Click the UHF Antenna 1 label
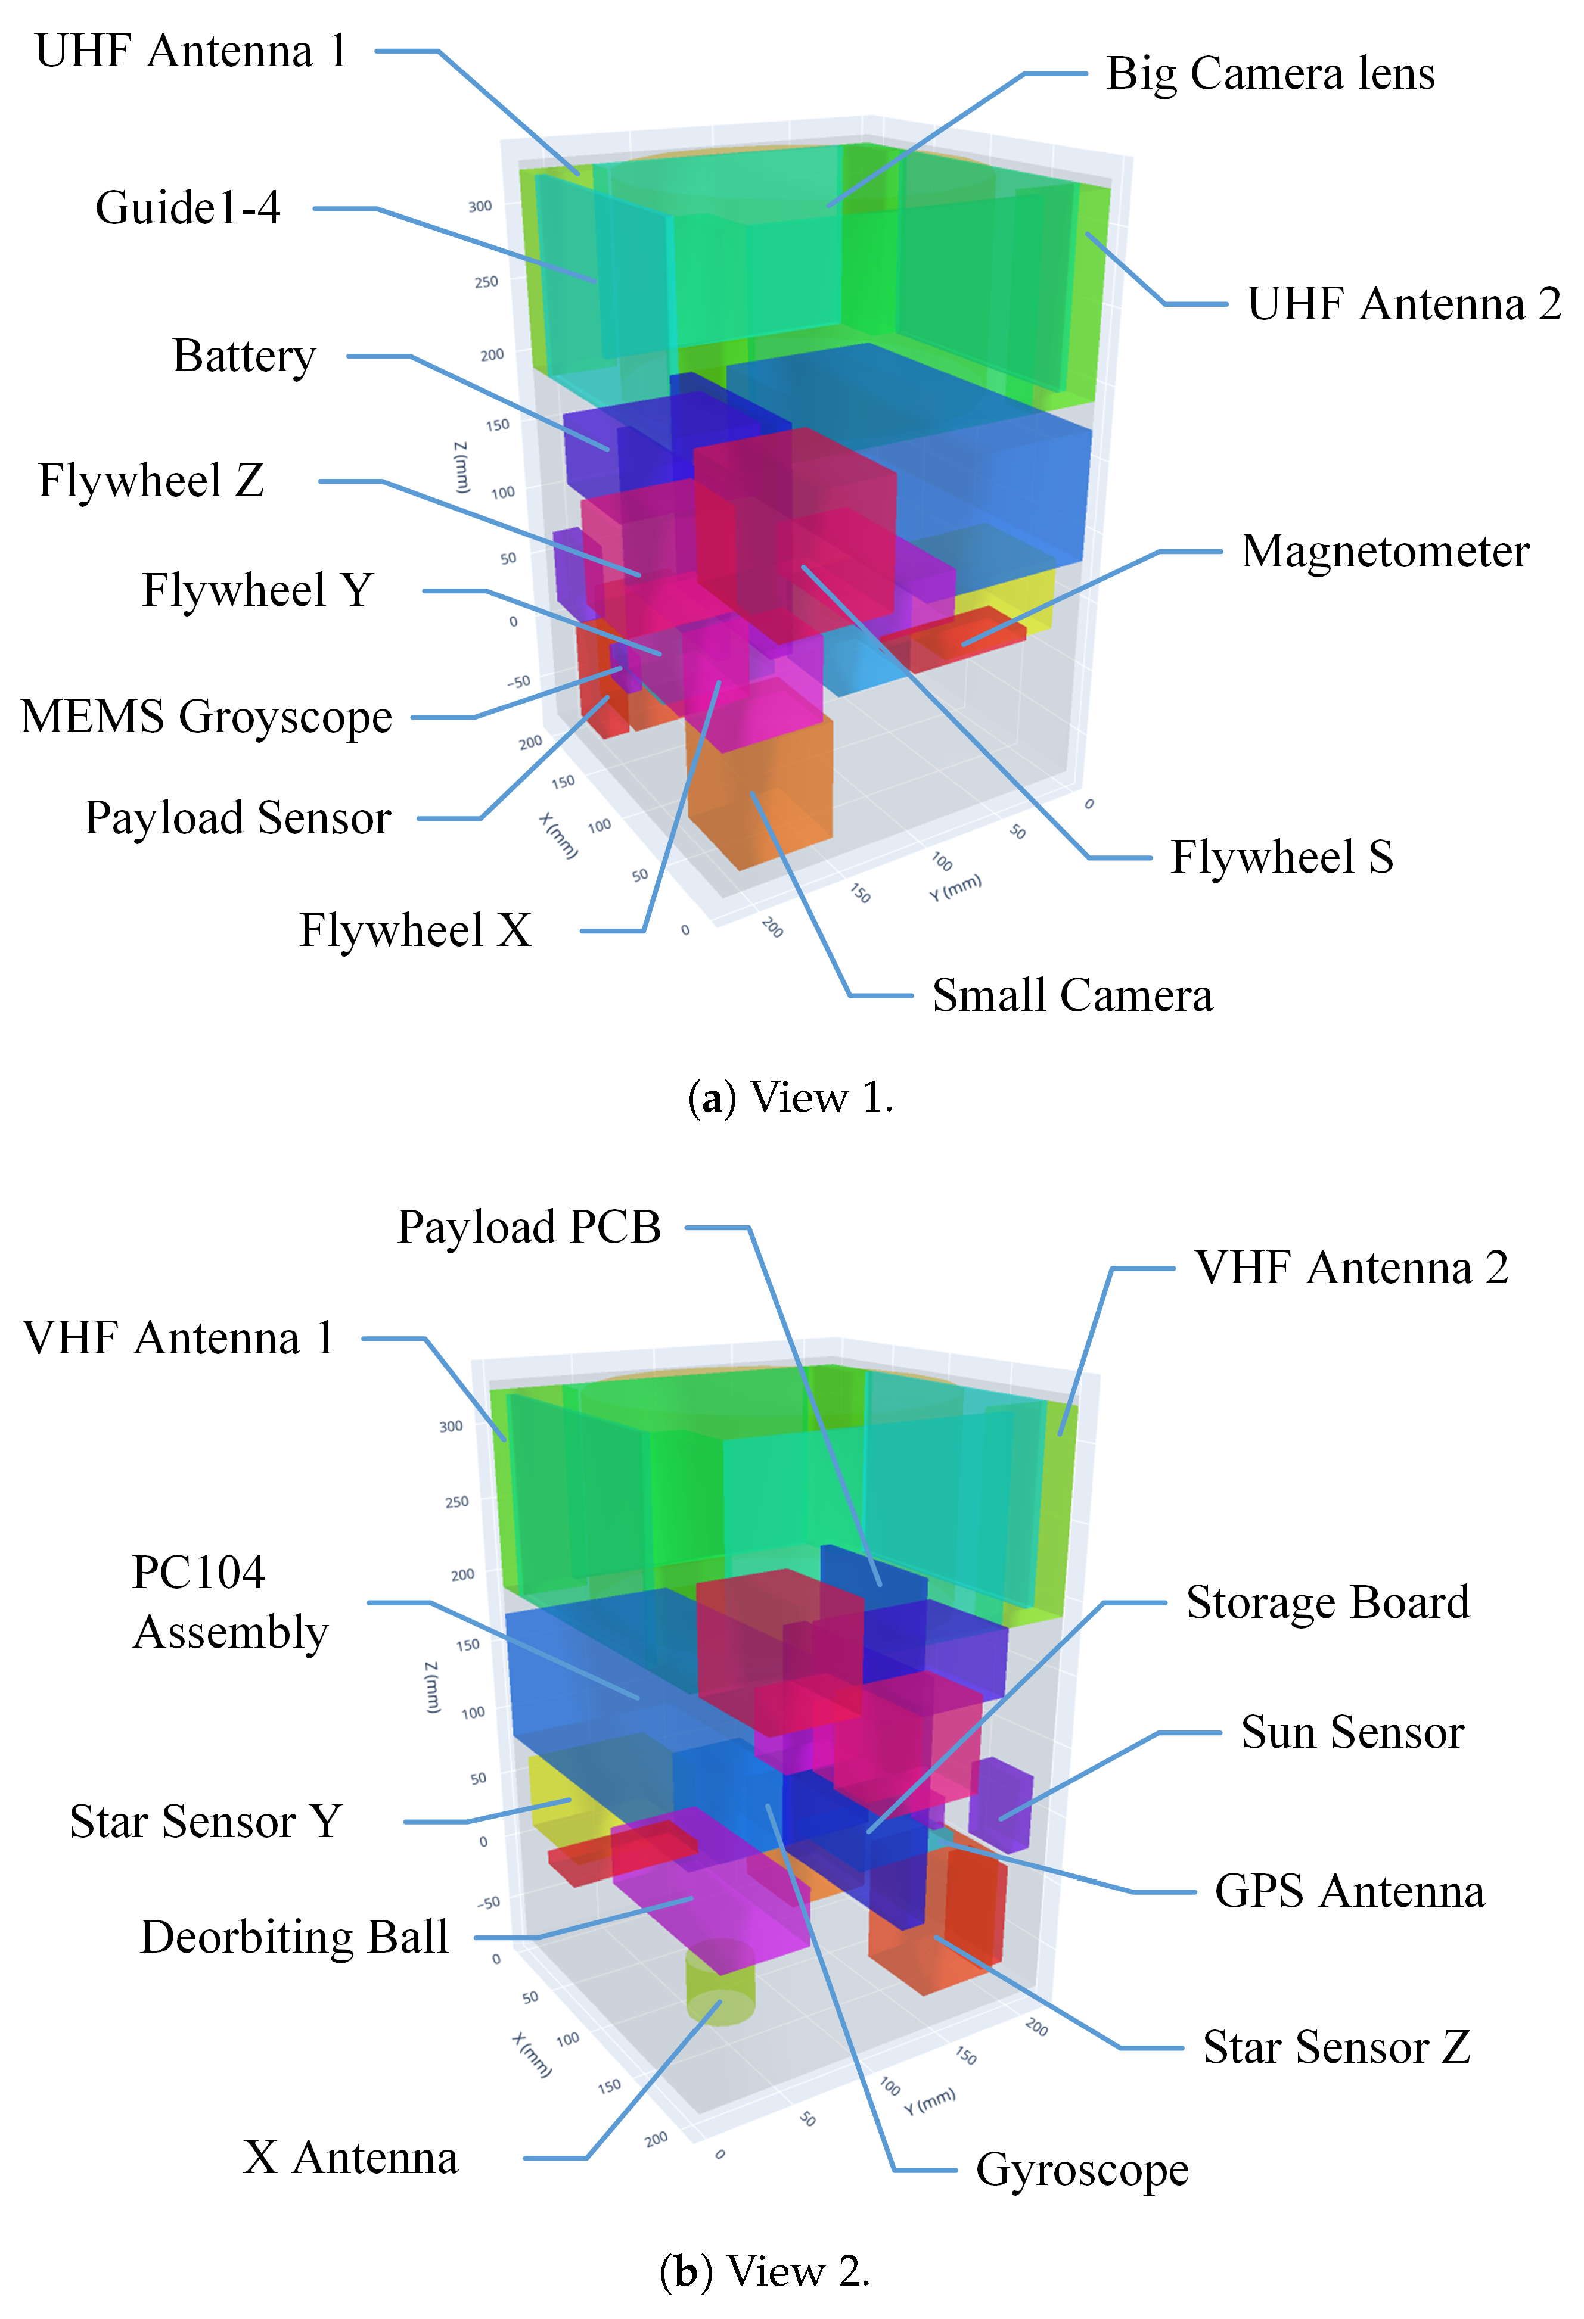[190, 51]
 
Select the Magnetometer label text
[1384, 552]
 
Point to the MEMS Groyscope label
[207, 717]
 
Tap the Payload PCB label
[529, 1227]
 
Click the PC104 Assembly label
[229, 1602]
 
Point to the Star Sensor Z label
[1335, 2047]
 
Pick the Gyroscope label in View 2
[1082, 2170]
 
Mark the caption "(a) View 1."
[790, 1098]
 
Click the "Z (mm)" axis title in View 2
[431, 1688]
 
